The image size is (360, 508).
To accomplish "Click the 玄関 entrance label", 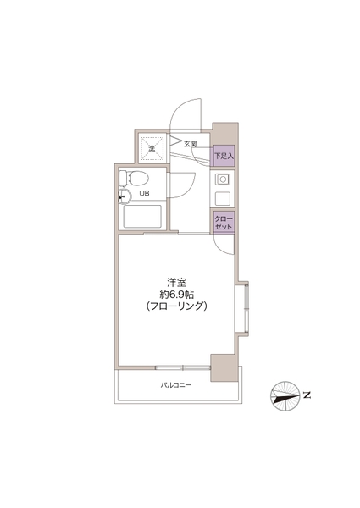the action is tap(191, 144).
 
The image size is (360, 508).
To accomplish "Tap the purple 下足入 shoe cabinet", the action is tap(224, 156).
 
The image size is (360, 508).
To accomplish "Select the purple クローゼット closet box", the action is tap(224, 222).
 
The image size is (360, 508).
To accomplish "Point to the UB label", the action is tap(144, 194).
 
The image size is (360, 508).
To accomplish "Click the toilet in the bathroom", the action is tap(134, 178).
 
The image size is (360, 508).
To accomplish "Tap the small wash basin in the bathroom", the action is tap(125, 196).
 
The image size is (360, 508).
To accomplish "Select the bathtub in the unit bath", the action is tap(142, 217).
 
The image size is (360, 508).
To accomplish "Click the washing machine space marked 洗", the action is tap(152, 149).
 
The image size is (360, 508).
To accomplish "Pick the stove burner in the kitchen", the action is tap(222, 179).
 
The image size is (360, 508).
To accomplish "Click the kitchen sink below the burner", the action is tap(222, 198).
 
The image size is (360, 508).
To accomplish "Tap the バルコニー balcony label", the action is tap(176, 385).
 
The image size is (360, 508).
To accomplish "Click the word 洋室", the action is tap(176, 282).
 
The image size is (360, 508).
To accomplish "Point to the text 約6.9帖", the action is tap(176, 295).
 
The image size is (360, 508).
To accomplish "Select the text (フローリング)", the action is tap(176, 306).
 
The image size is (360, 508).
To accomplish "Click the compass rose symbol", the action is tap(285, 396).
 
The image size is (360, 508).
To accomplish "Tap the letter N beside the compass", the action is tap(307, 395).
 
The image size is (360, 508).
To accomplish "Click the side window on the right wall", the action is tap(241, 308).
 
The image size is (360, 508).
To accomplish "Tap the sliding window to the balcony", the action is tap(183, 367).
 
